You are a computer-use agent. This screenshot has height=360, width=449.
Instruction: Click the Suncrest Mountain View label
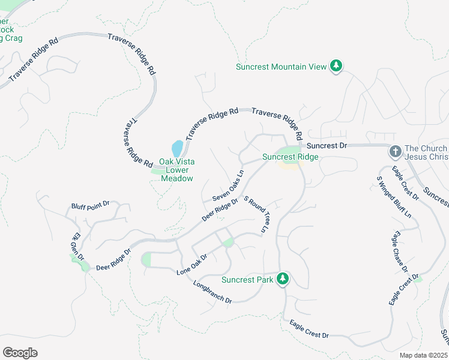pyautogui.click(x=281, y=67)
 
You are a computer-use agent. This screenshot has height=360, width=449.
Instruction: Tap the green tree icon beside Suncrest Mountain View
pyautogui.click(x=337, y=66)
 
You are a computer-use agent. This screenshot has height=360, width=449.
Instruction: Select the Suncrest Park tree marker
pyautogui.click(x=283, y=279)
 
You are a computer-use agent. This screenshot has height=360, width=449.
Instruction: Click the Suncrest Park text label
pyautogui.click(x=247, y=280)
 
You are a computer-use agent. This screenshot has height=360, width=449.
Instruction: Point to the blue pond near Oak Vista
pyautogui.click(x=177, y=148)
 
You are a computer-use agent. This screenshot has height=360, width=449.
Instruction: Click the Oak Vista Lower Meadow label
pyautogui.click(x=176, y=170)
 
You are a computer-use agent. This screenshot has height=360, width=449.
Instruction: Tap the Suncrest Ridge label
pyautogui.click(x=290, y=157)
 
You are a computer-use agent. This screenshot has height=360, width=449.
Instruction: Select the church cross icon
pyautogui.click(x=395, y=151)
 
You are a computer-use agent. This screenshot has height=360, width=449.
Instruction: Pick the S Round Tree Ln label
pyautogui.click(x=256, y=214)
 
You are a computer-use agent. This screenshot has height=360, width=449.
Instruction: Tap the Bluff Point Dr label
pyautogui.click(x=90, y=205)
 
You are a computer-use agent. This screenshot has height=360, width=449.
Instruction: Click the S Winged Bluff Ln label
pyautogui.click(x=394, y=196)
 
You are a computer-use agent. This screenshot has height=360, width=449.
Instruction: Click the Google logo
pyautogui.click(x=20, y=353)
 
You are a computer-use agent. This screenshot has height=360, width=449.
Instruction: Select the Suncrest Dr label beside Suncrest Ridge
pyautogui.click(x=327, y=146)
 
